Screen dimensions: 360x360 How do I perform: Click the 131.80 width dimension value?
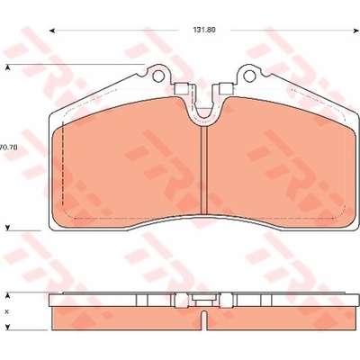click(204, 30)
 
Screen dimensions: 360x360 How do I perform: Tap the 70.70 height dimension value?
click(9, 148)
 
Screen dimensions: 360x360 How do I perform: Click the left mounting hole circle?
click(158, 76)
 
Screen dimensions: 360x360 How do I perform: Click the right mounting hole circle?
click(249, 76)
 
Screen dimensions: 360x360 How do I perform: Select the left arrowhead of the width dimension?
click(51, 31)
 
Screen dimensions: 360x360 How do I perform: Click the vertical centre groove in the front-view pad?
click(204, 170)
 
